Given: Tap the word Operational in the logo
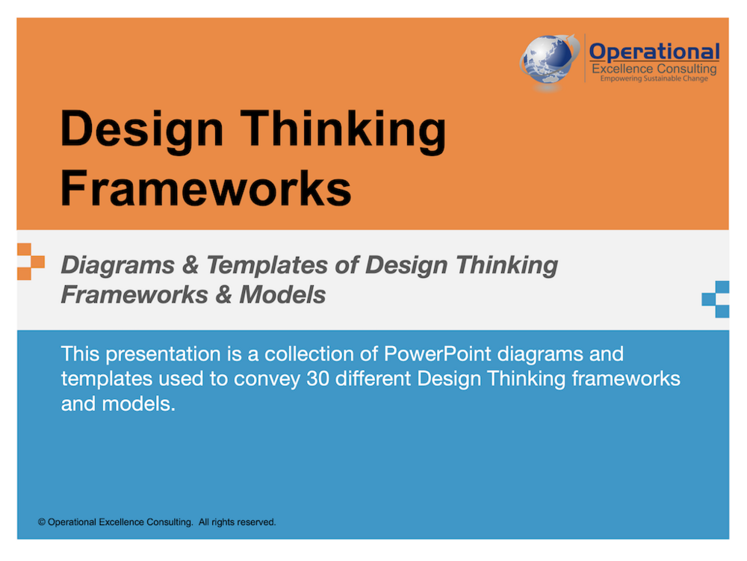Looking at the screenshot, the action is click(654, 52).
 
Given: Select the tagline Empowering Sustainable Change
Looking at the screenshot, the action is click(654, 78).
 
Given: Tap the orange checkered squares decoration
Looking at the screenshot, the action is click(31, 261).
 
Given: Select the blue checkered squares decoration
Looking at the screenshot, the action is click(716, 299).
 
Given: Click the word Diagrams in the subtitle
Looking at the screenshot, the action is click(118, 264).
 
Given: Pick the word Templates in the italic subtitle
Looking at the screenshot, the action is click(267, 264).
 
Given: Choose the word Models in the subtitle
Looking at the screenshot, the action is click(282, 294).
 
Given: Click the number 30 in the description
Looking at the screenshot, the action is click(317, 379).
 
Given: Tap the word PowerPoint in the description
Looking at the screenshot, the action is click(437, 354).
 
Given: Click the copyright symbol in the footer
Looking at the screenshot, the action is click(42, 522).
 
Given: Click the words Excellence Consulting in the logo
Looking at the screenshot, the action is click(654, 69).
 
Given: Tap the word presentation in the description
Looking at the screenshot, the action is click(163, 355).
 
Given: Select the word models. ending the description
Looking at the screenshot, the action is click(139, 404).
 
